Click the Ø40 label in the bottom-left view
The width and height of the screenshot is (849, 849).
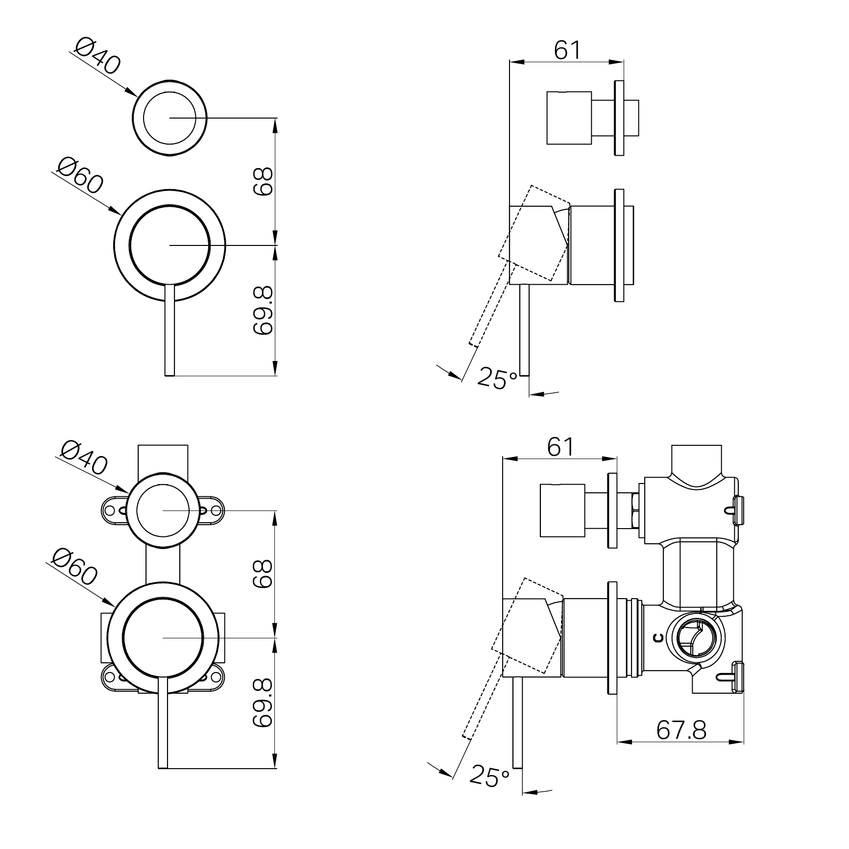84,458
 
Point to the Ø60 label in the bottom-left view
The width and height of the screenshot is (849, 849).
75,567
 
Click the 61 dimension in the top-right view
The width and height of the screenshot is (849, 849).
567,50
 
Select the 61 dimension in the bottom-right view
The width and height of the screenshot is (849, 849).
560,447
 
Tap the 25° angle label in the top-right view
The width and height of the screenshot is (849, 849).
497,379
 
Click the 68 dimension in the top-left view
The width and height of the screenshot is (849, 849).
263,181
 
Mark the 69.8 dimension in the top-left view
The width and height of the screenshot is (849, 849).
263,311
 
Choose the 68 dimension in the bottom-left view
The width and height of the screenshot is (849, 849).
263,574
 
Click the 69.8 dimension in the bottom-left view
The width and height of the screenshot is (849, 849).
263,703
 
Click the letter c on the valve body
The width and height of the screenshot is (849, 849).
659,637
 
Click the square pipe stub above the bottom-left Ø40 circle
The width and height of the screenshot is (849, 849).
163,459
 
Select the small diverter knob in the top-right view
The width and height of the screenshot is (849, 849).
569,118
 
